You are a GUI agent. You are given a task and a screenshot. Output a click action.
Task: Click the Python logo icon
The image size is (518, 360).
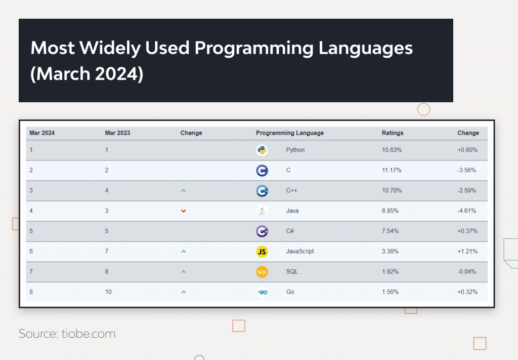click(262, 150)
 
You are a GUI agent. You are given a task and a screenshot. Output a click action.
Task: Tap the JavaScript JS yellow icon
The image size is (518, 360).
click(262, 251)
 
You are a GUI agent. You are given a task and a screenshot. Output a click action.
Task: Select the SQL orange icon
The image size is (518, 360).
click(262, 272)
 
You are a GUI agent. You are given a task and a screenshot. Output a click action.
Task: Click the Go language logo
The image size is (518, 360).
click(262, 292)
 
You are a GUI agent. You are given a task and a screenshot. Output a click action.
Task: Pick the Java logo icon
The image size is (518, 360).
click(262, 211)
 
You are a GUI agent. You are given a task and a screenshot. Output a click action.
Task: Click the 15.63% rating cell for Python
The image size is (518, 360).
click(392, 150)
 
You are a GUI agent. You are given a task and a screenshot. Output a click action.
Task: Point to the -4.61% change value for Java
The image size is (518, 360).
click(467, 211)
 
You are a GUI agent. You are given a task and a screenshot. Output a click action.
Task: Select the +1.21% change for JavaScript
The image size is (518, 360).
click(467, 251)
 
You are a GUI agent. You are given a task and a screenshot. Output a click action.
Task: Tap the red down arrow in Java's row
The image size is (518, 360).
click(184, 211)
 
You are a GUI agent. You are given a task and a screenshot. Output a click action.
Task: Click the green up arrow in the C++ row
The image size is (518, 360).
click(184, 190)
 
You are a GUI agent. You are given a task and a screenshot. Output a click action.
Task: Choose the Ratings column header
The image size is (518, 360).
click(393, 133)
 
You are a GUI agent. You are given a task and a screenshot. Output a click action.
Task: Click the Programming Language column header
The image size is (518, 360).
click(290, 133)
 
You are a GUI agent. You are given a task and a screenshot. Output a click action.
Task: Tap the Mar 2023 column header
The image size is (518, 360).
click(117, 133)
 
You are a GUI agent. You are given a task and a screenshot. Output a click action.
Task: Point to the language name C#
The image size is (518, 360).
click(290, 231)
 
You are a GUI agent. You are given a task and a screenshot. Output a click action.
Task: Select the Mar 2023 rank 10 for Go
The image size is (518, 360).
click(108, 292)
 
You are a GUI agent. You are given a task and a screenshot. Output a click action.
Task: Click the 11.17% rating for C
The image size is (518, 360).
click(392, 170)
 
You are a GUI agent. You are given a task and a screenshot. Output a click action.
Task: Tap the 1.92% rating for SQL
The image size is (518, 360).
click(390, 272)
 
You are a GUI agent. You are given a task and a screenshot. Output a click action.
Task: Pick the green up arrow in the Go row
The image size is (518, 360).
click(184, 292)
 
